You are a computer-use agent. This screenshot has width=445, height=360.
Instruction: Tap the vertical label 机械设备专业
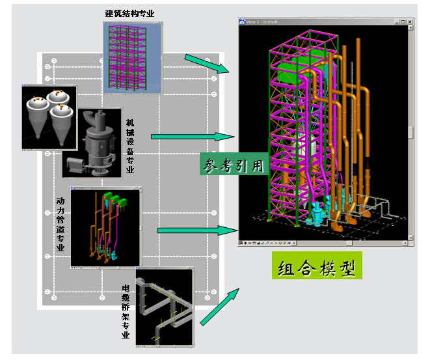[130, 147]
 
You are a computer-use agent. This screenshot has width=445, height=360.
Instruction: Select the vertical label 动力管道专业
[61, 224]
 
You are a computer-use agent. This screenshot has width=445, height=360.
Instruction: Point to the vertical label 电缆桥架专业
[126, 312]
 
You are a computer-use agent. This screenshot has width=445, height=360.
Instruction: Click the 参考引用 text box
[233, 165]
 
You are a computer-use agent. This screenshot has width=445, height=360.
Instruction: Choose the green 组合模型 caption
[316, 268]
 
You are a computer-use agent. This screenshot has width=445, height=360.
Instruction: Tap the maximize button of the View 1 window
[403, 21]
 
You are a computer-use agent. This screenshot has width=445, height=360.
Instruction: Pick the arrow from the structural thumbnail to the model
[207, 64]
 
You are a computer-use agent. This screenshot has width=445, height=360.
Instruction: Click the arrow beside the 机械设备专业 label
[192, 137]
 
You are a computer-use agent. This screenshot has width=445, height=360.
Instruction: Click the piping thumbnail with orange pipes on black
[105, 228]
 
